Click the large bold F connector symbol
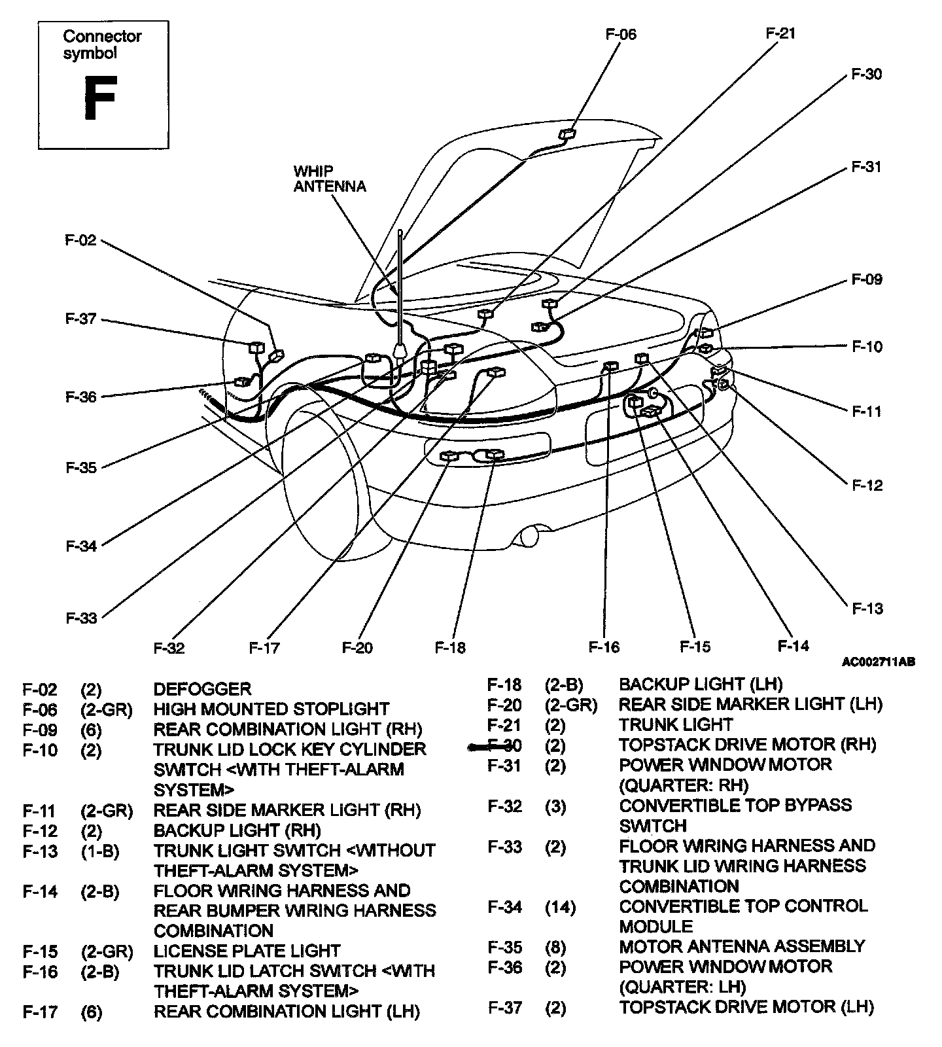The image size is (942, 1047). pos(99,98)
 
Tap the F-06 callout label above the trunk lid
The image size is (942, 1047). pos(620,34)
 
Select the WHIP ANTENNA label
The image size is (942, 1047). pos(329,179)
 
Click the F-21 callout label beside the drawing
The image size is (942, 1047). pos(780,33)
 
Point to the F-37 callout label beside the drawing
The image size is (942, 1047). pos(81,319)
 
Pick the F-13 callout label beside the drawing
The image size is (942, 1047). pos(867,609)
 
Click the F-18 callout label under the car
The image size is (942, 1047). pos(450,648)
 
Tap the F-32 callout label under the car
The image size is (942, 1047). pos(169,648)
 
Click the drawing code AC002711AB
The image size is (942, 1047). pos(878,662)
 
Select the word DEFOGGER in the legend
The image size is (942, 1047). pos(202,689)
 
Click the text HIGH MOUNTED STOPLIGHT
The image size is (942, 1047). pos(271,709)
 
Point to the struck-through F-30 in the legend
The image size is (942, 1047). pos(504,745)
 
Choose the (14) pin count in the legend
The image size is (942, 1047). pos(560,907)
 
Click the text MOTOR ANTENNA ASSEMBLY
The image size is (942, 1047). pos(742,947)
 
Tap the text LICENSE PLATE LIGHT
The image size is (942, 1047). pos(247,951)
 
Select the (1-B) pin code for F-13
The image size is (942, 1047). pos(100,851)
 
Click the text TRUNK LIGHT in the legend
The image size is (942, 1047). pos(676,725)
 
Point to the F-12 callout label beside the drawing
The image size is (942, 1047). pos(867,486)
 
